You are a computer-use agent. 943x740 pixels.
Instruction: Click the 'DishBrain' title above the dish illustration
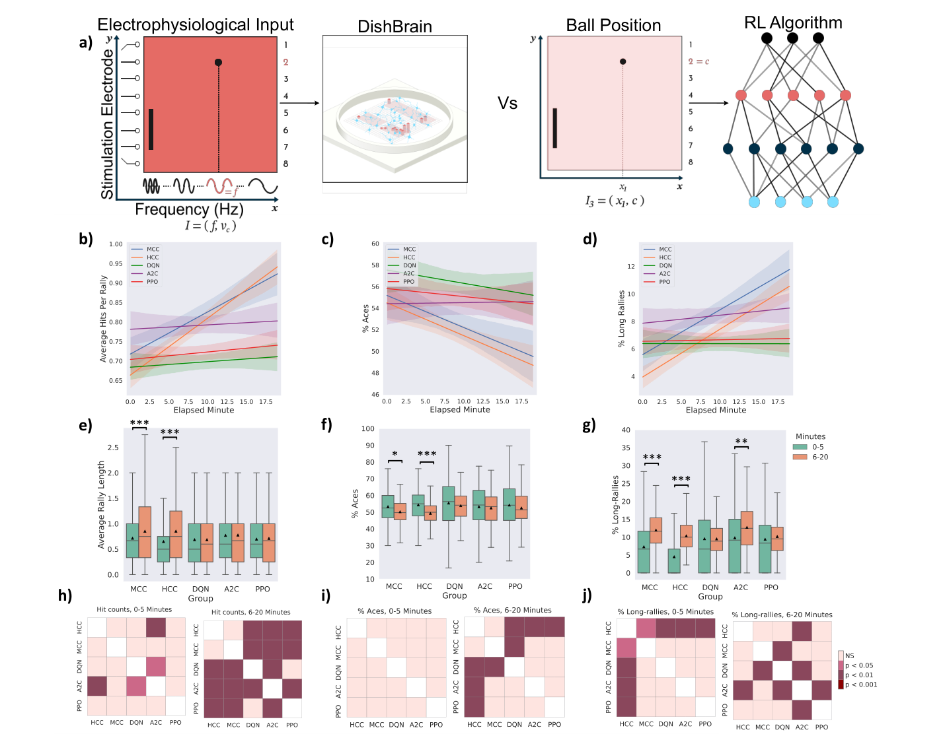pyautogui.click(x=395, y=26)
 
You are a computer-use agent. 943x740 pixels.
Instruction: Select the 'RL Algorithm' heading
pyautogui.click(x=793, y=22)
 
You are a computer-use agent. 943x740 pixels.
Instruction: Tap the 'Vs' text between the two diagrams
pyautogui.click(x=507, y=103)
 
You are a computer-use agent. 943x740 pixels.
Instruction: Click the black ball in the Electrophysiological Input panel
pyautogui.click(x=218, y=63)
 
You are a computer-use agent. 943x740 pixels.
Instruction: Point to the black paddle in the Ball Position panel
pyautogui.click(x=554, y=128)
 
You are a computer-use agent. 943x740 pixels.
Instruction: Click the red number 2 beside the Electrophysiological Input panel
pyautogui.click(x=285, y=62)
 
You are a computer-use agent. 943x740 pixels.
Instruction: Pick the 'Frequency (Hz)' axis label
pyautogui.click(x=189, y=209)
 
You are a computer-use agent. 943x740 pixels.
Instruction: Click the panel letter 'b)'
pyautogui.click(x=86, y=239)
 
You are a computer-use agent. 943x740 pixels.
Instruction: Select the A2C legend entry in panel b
pyautogui.click(x=153, y=273)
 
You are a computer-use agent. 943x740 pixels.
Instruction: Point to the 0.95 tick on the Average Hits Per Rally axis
pyautogui.click(x=116, y=263)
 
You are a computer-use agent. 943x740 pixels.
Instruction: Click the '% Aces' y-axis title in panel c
pyautogui.click(x=365, y=318)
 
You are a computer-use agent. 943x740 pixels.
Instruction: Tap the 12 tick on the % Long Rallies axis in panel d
pyautogui.click(x=630, y=267)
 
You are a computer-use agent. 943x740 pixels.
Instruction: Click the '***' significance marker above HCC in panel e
pyautogui.click(x=170, y=432)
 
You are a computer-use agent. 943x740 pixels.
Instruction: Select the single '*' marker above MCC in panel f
pyautogui.click(x=395, y=454)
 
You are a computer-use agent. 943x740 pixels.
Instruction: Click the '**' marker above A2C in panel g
pyautogui.click(x=741, y=442)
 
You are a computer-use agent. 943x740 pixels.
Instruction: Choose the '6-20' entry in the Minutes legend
pyautogui.click(x=819, y=457)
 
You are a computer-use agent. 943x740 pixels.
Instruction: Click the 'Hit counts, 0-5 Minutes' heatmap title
pyautogui.click(x=134, y=609)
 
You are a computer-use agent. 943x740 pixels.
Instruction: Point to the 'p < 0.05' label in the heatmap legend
pyautogui.click(x=859, y=665)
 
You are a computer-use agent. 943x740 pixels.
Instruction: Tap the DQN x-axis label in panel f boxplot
pyautogui.click(x=454, y=586)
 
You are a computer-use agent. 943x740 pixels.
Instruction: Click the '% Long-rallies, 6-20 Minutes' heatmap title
pyautogui.click(x=782, y=615)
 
